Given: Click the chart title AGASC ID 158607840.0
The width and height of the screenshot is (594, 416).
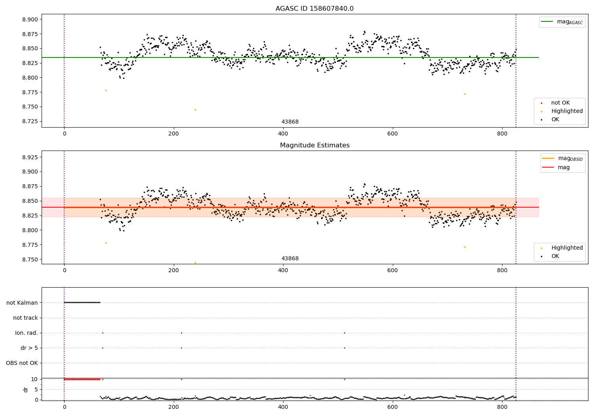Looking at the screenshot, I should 314,9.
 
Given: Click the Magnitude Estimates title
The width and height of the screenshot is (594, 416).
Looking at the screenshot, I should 314,145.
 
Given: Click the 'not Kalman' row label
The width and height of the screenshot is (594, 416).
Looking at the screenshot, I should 22,303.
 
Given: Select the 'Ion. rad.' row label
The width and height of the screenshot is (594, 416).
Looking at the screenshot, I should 27,333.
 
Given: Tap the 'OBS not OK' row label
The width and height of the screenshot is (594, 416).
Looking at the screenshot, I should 22,363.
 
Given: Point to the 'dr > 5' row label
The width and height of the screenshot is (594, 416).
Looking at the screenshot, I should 29,348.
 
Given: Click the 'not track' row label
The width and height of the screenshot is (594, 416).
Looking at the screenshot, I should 25,318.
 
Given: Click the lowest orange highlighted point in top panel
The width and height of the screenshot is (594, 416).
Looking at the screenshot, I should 195,110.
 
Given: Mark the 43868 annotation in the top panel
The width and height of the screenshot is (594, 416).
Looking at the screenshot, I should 290,122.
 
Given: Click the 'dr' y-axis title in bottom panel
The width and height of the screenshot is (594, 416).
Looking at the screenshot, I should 26,389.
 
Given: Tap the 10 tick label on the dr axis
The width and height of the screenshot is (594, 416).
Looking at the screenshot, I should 34,379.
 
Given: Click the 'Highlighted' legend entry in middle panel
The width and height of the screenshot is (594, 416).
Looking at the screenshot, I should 567,248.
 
